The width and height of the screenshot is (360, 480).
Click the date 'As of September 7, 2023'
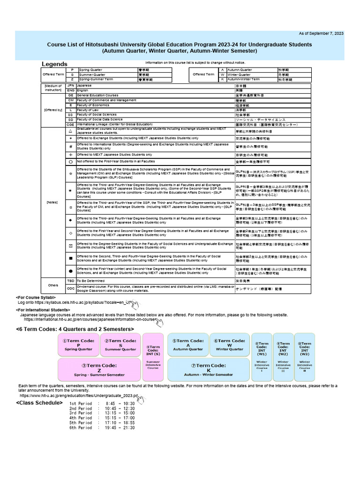[x=321, y=34]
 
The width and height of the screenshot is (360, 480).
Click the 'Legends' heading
[x=55, y=64]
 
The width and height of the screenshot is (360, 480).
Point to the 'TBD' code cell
[x=71, y=280]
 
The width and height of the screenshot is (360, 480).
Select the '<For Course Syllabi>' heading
[x=36, y=298]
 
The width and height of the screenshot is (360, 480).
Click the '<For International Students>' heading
[x=43, y=310]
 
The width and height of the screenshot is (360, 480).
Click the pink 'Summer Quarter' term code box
[x=120, y=345]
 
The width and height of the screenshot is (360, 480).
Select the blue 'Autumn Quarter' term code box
[x=187, y=345]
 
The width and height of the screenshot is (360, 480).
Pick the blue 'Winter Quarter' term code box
[x=230, y=345]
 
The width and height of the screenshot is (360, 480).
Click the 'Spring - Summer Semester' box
[x=99, y=370]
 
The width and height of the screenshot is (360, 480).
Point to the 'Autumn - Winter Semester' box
[x=209, y=370]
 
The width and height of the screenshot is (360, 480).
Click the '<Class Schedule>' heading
[x=36, y=403]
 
